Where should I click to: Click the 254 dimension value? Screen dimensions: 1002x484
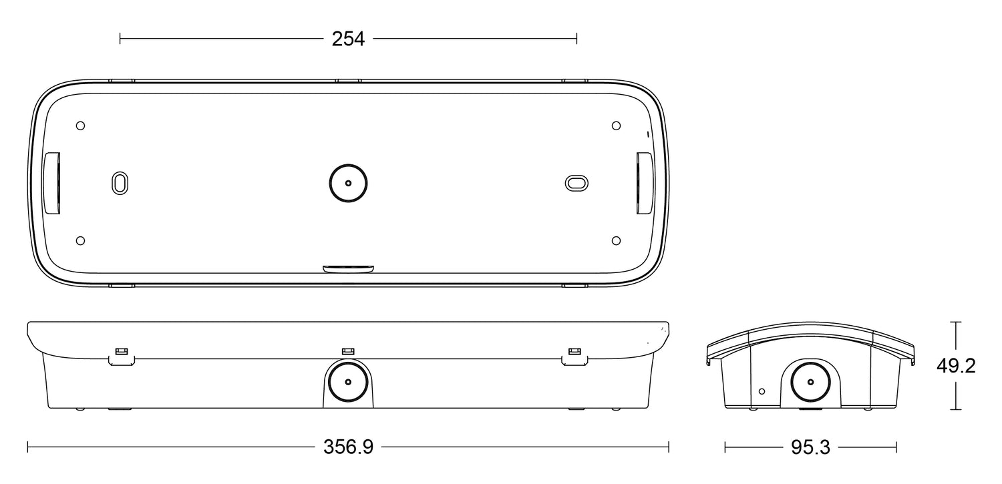point(348,39)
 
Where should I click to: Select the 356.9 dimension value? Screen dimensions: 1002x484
point(348,447)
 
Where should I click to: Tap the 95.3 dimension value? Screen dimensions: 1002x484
point(810,447)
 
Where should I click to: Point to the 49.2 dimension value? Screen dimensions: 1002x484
point(956,366)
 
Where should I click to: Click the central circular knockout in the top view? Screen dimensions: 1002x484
point(348,183)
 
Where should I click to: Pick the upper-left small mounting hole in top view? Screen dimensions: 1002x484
point(81,126)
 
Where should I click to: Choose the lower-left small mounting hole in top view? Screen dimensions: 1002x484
point(81,241)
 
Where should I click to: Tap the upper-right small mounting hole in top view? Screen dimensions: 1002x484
point(616,126)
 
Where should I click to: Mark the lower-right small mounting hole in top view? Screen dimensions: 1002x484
point(616,241)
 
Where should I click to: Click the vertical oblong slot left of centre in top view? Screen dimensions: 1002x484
point(120,183)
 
